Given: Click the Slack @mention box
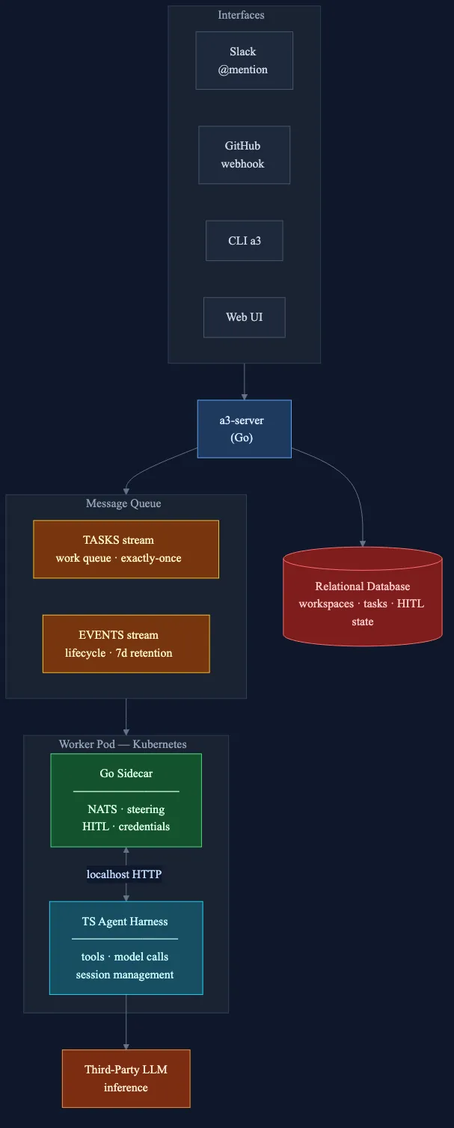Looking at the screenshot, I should coord(244,61).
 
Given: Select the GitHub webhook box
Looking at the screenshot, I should coord(244,155).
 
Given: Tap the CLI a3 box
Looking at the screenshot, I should coord(244,241).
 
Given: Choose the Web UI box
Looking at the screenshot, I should coord(244,317).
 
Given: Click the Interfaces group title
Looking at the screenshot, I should coord(241,15).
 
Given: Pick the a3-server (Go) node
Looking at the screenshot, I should coord(244,429).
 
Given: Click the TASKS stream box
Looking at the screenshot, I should coord(126,549).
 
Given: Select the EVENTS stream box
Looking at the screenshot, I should coord(126,644).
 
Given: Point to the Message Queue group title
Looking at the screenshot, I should coord(123,503).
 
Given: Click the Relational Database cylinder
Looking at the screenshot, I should coord(363,598).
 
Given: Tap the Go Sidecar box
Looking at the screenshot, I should coord(126,800).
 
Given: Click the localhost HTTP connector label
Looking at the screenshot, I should coord(124,874).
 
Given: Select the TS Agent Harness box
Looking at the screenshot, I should coord(126,948).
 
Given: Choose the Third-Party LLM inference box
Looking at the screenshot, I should coord(126,1079).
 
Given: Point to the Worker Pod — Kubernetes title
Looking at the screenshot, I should coord(123,744).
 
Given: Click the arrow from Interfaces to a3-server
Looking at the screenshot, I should coord(244,381).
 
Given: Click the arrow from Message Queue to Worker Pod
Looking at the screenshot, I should coord(126,717).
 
